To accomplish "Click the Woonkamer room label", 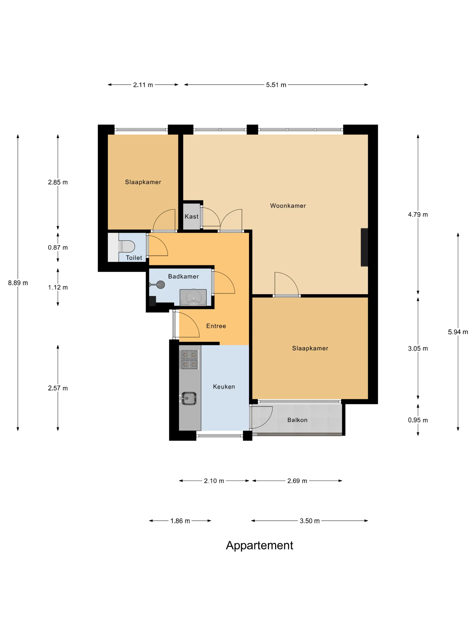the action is [288, 206].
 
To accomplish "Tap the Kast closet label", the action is [191, 216].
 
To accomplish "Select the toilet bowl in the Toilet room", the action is [126, 246].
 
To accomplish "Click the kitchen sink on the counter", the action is [189, 398].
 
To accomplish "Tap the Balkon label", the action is [297, 420].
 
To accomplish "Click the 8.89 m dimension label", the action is [18, 283].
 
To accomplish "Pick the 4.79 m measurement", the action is [418, 214].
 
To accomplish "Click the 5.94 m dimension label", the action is [458, 332].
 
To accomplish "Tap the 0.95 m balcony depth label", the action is [418, 420].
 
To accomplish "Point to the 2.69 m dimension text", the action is [297, 481].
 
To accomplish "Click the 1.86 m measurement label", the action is [180, 521].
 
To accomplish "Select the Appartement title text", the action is [259, 545].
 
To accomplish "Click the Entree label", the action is [216, 326].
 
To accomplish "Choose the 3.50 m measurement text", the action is [310, 521].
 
